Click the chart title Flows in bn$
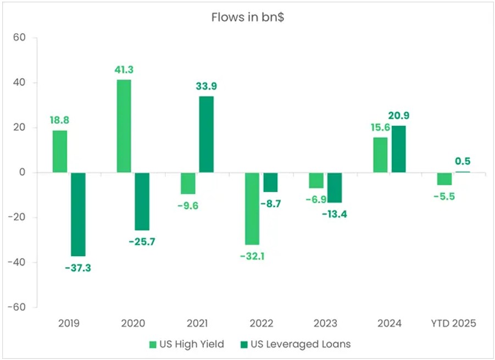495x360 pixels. tap(247, 17)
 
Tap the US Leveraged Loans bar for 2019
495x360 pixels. tap(78, 214)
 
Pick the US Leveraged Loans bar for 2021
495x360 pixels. tap(207, 134)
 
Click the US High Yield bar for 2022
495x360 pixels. tap(252, 208)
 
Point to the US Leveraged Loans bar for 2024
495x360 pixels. tap(399, 149)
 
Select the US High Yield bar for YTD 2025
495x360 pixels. tap(444, 179)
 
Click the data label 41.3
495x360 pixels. tap(124, 70)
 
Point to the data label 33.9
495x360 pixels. tap(207, 86)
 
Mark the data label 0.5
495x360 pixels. tap(463, 162)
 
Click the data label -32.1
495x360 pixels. tap(252, 256)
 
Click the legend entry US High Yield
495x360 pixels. tap(187, 345)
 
